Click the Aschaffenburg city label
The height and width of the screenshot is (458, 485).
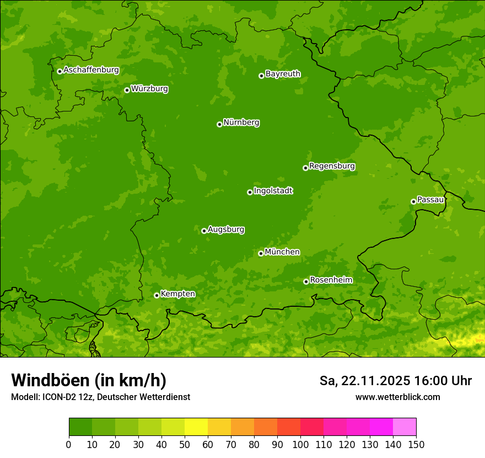pyautogui.click(x=91, y=70)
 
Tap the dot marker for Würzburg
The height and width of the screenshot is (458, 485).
pyautogui.click(x=127, y=90)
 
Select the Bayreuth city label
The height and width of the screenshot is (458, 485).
pyautogui.click(x=283, y=74)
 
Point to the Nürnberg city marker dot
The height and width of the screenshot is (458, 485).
pyautogui.click(x=219, y=124)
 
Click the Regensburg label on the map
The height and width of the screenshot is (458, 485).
pyautogui.click(x=332, y=166)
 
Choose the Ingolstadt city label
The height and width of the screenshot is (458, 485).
pyautogui.click(x=273, y=191)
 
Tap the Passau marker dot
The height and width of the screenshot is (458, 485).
pyautogui.click(x=413, y=201)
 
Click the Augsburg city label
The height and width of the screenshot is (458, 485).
pyautogui.click(x=226, y=230)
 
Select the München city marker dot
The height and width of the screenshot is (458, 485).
pyautogui.click(x=261, y=253)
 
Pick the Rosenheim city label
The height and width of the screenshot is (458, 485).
pyautogui.click(x=331, y=280)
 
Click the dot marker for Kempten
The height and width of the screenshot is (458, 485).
pyautogui.click(x=157, y=295)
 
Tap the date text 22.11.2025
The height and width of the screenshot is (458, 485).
pyautogui.click(x=375, y=381)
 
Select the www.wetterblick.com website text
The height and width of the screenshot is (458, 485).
pyautogui.click(x=397, y=397)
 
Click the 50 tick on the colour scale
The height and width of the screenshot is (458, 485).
pyautogui.click(x=185, y=444)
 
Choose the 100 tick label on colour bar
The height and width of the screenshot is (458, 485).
pyautogui.click(x=300, y=444)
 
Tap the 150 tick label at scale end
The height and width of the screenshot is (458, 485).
pyautogui.click(x=416, y=444)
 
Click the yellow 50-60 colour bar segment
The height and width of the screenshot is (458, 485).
pyautogui.click(x=196, y=427)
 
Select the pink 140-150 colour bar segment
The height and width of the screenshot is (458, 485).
pyautogui.click(x=405, y=427)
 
